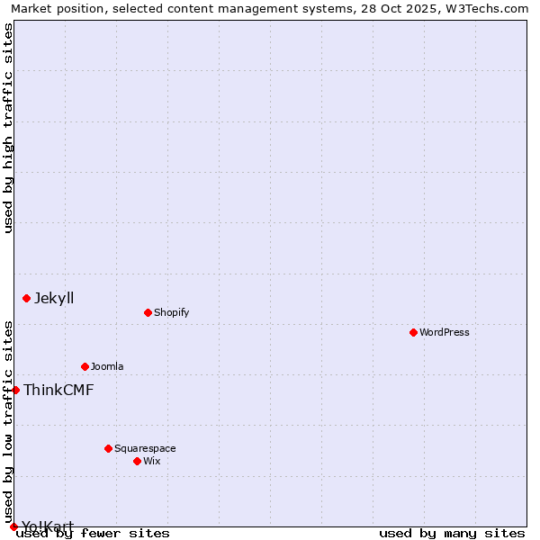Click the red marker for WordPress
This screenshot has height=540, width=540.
413,332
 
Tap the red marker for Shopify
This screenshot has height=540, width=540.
148,312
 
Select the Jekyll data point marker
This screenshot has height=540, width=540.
26,298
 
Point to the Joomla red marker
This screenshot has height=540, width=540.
85,366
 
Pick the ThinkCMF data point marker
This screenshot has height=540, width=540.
15,390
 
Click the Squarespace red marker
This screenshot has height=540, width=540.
108,448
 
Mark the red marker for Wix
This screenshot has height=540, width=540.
137,461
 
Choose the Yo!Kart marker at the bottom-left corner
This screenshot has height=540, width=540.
13,526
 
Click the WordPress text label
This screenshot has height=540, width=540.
445,332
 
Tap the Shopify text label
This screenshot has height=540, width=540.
171,312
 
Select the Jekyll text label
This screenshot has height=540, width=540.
54,298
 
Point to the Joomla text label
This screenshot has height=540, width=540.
107,366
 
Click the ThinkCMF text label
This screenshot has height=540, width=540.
58,390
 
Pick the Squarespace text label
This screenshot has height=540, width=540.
145,448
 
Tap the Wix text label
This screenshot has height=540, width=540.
152,461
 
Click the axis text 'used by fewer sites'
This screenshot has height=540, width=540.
93,533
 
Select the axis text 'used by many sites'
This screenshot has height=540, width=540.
452,533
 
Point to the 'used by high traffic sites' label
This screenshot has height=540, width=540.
9,128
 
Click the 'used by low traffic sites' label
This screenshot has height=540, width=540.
9,421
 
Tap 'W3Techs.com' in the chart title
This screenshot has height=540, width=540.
488,8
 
